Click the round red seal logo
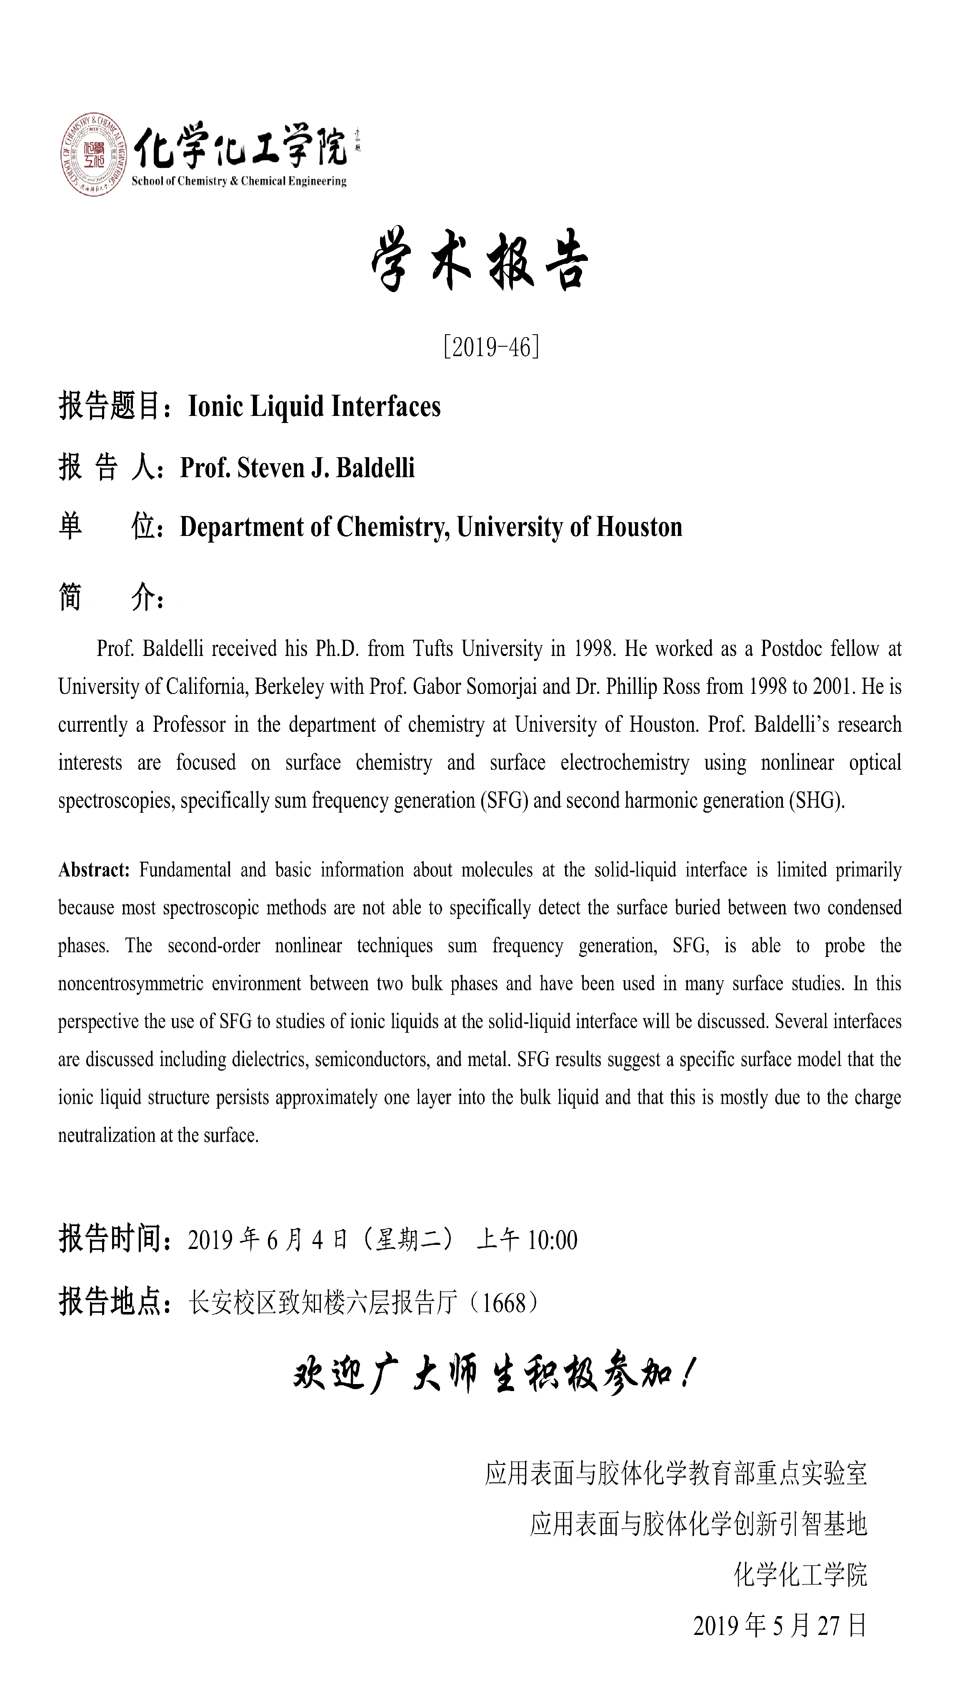[x=94, y=154]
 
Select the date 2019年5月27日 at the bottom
[x=780, y=1625]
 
